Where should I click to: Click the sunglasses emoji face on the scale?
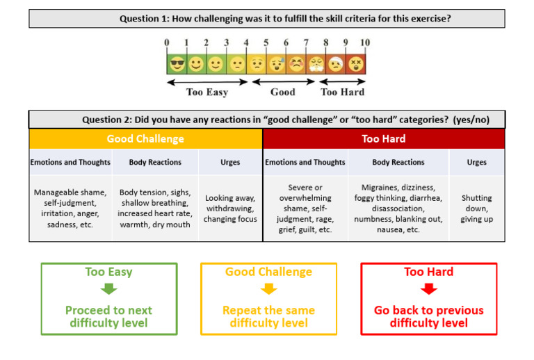tap(177, 64)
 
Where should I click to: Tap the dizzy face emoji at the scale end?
tap(355, 64)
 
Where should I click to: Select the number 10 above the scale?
tap(365, 43)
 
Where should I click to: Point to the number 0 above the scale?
tap(167, 43)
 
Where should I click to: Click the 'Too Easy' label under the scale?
tap(207, 92)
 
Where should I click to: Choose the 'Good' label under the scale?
tap(282, 92)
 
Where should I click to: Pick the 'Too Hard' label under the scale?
tap(342, 92)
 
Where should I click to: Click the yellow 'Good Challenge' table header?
tap(145, 139)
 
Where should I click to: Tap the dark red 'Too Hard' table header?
tap(384, 139)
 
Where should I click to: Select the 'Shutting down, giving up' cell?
tap(476, 208)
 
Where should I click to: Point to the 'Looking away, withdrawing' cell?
tap(230, 208)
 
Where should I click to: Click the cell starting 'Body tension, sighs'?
tap(155, 208)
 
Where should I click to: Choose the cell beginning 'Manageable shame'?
tap(70, 208)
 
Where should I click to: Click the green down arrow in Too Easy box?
tap(109, 289)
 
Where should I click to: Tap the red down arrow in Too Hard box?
tap(429, 289)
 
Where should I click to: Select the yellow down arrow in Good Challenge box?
tap(268, 289)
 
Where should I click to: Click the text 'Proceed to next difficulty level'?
tap(109, 316)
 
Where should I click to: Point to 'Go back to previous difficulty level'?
tap(429, 316)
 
